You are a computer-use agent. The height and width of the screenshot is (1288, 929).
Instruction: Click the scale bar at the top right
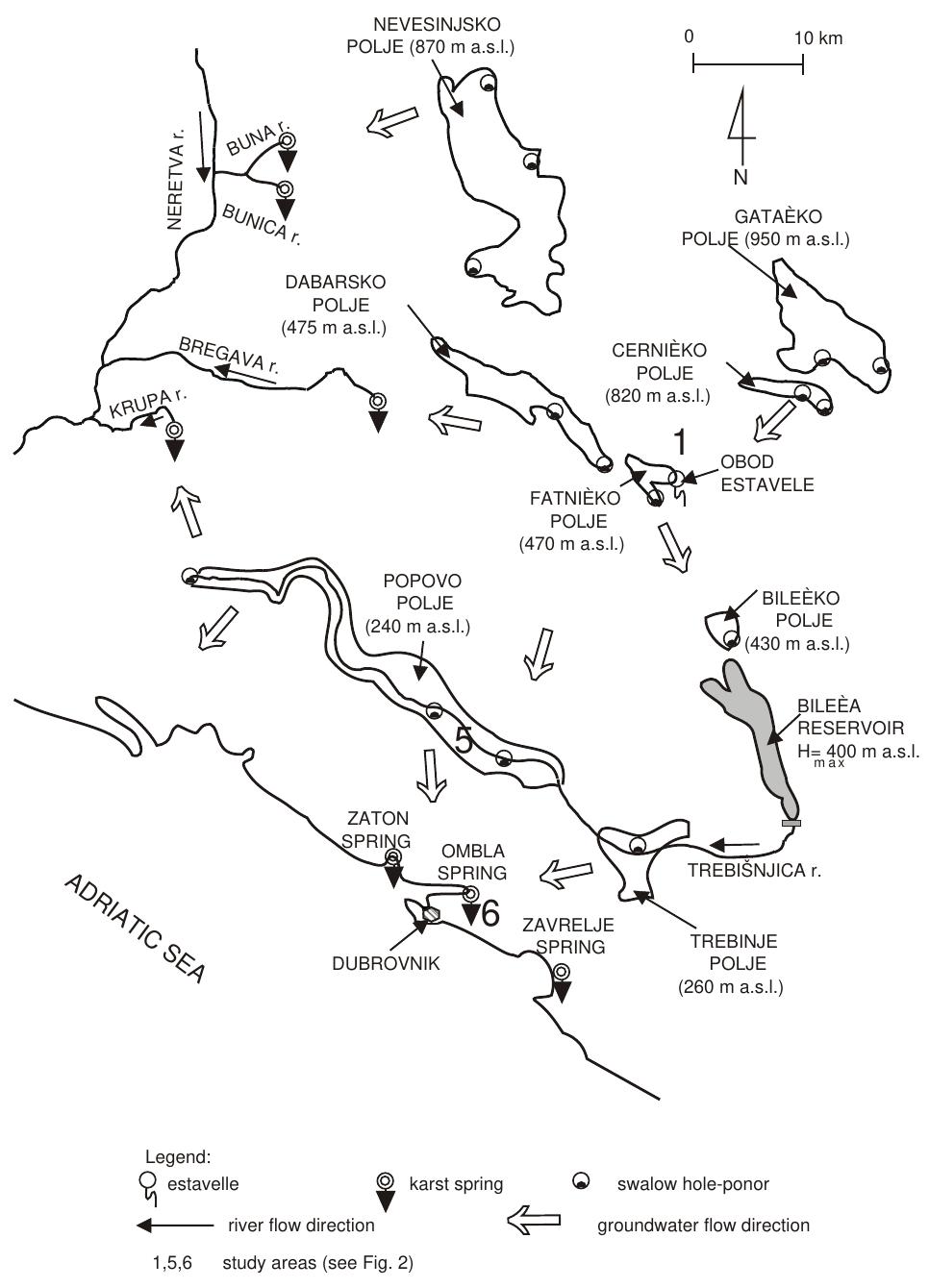(x=748, y=64)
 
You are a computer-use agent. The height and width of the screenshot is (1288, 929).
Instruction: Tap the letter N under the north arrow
(x=741, y=177)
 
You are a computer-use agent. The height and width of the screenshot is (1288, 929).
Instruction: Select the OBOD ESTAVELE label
(x=766, y=473)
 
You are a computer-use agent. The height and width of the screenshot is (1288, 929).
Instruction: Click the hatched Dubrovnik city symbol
(x=431, y=914)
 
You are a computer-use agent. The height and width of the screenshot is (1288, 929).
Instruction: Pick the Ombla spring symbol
(x=470, y=895)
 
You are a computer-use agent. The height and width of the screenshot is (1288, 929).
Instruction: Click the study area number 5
(x=464, y=739)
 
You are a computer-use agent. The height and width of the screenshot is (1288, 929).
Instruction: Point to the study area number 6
(x=490, y=913)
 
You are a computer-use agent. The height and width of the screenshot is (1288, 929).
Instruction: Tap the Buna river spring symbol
(x=287, y=141)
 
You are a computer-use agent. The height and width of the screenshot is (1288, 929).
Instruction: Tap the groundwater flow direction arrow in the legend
(x=536, y=1225)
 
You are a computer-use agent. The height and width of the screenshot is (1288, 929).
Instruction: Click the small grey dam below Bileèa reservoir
(x=791, y=824)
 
